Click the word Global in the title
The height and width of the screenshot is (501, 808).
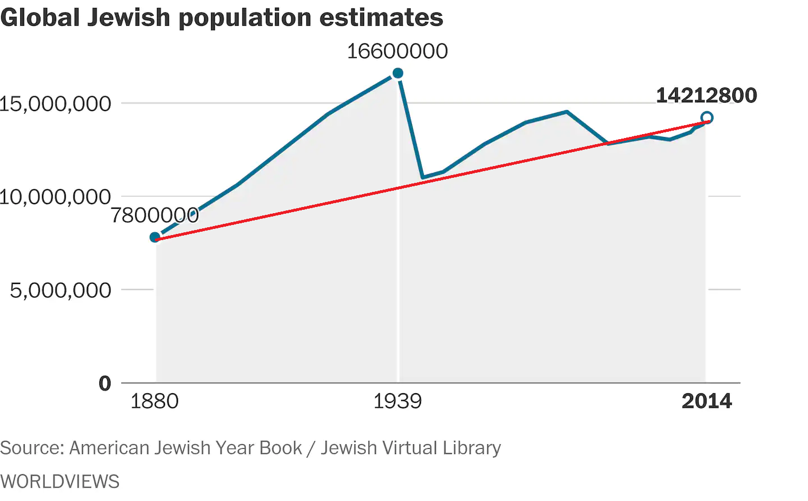click(40, 17)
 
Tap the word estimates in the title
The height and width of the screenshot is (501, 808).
click(381, 17)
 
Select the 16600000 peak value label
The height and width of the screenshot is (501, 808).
click(397, 51)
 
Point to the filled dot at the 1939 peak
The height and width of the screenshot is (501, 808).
click(398, 73)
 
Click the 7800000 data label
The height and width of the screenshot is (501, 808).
click(155, 215)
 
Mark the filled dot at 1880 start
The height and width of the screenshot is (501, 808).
click(155, 237)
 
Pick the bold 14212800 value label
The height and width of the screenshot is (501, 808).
click(706, 95)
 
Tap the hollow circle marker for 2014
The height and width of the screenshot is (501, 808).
click(707, 117)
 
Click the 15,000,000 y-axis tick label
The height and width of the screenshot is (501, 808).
click(55, 104)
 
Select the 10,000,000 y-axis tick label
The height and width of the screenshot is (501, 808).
click(55, 197)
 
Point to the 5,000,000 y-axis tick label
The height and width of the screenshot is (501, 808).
click(61, 290)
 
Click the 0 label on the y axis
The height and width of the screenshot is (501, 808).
click(105, 383)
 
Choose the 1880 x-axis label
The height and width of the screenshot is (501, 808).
click(154, 401)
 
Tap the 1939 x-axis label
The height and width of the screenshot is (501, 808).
click(397, 401)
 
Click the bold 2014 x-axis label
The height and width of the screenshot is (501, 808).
click(706, 401)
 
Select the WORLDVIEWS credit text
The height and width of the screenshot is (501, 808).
click(60, 481)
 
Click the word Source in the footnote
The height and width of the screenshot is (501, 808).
click(31, 448)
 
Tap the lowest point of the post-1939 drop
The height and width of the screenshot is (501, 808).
click(423, 177)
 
